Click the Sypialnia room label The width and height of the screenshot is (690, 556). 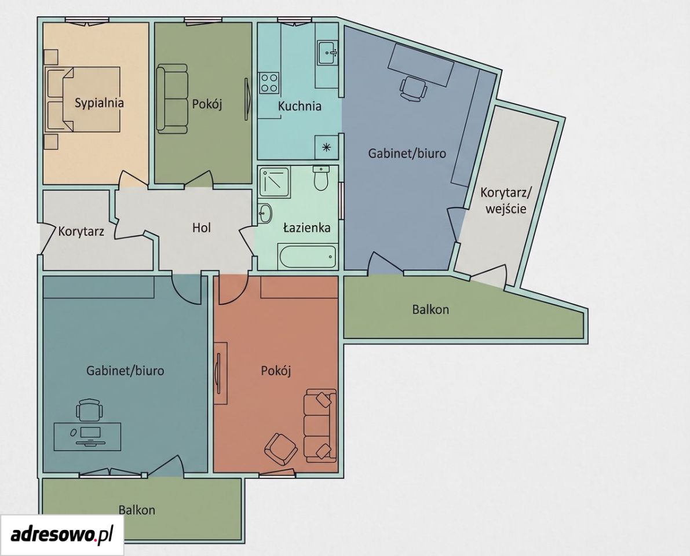[x=99, y=103]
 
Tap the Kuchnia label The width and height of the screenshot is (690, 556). [x=300, y=106]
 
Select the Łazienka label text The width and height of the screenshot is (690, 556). [x=306, y=228]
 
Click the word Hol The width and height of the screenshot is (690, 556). [x=202, y=228]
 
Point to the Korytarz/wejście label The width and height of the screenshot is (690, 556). [x=506, y=200]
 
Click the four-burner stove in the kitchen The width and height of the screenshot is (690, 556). [x=269, y=82]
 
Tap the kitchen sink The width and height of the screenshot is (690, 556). [x=327, y=53]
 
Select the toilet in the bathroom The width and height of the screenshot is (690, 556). [x=321, y=178]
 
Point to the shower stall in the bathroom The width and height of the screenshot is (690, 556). [x=274, y=182]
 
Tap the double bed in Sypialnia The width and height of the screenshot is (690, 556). [x=83, y=99]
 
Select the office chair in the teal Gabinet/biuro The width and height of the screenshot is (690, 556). [x=89, y=410]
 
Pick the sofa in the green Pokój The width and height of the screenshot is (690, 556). [x=172, y=99]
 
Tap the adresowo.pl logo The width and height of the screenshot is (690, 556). [x=61, y=535]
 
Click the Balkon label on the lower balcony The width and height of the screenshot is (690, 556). [x=136, y=510]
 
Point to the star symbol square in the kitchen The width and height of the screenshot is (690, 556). [x=327, y=147]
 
